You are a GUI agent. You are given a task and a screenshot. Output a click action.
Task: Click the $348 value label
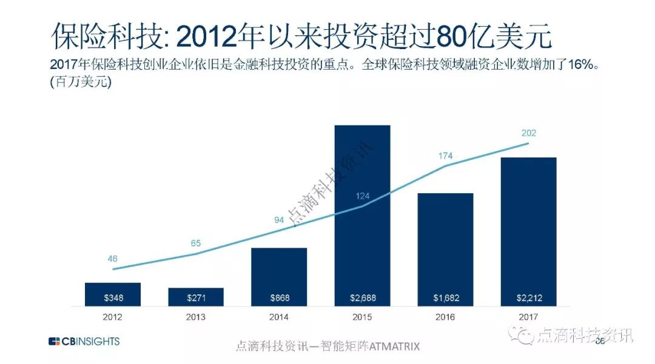coord(113,298)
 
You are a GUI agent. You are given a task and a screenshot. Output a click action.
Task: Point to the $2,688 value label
coord(362,298)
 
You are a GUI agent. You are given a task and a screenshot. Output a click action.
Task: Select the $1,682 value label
coord(445,298)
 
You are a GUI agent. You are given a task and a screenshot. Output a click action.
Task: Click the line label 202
coord(529,133)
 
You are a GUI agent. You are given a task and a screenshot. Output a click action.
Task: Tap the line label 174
coord(446,156)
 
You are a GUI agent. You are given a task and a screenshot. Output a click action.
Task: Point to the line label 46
coord(113,259)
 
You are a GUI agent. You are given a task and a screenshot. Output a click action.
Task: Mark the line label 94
coord(279,220)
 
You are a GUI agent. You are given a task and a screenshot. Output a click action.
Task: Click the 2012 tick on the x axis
coord(113,317)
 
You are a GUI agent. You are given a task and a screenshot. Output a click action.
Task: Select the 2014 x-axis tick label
coord(279,317)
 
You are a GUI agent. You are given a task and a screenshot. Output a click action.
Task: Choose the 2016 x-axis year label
coord(445,317)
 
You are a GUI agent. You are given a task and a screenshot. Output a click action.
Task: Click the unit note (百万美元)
coord(82,83)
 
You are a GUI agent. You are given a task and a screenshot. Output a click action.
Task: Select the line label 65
coord(196,243)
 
